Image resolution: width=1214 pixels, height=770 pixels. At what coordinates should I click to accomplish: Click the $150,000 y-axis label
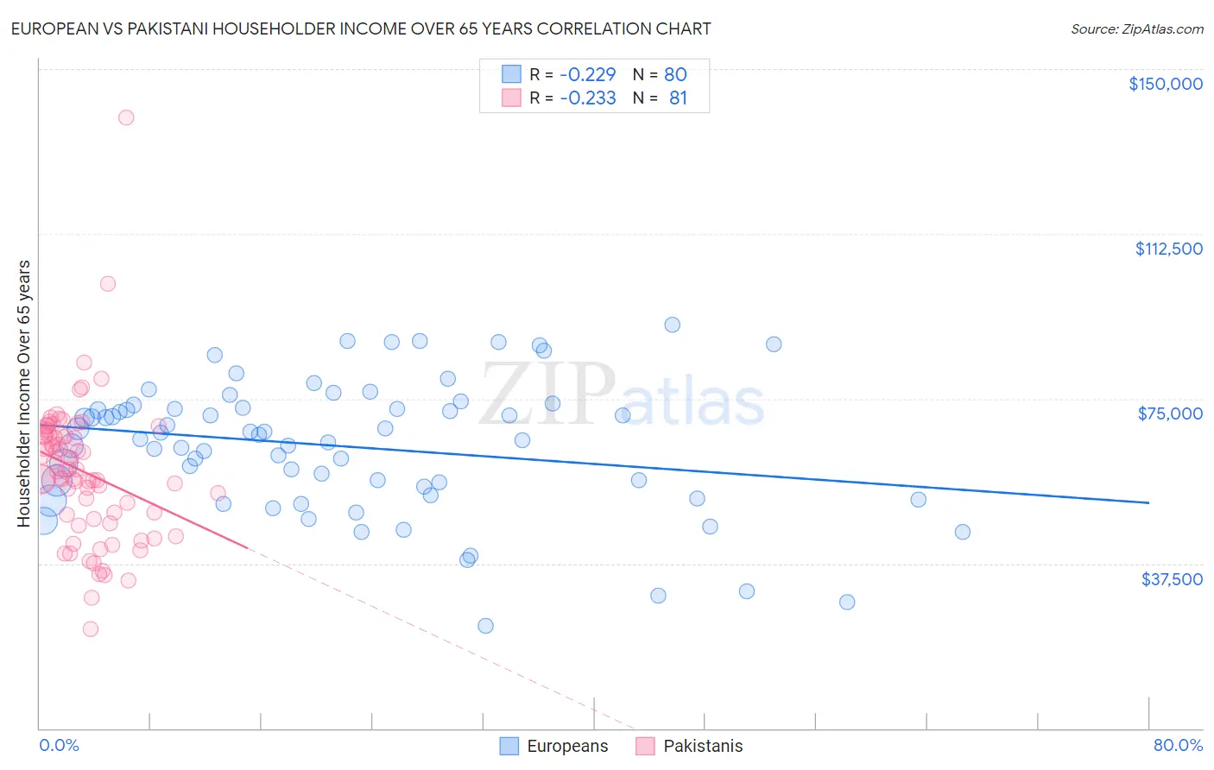coord(1165,84)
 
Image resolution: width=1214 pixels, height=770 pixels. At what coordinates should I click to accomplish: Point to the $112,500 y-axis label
coord(1168,249)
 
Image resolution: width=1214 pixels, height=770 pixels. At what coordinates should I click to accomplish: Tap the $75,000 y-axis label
coord(1170,413)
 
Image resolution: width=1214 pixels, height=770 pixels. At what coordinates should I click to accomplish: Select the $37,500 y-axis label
coord(1172,579)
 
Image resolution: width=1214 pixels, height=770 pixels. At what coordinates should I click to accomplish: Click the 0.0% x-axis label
coord(59,745)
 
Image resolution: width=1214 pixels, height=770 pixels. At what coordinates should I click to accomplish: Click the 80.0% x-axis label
coord(1178,745)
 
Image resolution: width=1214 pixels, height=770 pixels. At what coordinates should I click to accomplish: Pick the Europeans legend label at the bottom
coord(567,746)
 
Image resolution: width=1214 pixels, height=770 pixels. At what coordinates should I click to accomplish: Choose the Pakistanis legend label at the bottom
coord(703,746)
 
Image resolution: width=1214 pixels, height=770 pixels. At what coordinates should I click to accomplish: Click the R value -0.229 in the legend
coord(588,74)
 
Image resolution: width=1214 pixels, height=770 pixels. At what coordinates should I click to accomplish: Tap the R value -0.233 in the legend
coord(588,98)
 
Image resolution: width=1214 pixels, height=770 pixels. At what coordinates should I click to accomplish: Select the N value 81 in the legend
coord(678,98)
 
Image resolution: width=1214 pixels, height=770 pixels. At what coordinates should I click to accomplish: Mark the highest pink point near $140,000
coord(126,117)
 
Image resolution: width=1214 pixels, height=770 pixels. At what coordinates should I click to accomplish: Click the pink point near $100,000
coord(108,283)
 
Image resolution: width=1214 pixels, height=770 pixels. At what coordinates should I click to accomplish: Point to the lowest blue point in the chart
coord(485,626)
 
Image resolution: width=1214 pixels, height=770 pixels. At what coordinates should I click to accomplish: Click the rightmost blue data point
coord(963,532)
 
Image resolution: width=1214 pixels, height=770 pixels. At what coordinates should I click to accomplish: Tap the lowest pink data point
coord(91,629)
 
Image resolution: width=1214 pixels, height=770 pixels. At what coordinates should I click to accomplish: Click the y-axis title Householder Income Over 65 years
coord(24,393)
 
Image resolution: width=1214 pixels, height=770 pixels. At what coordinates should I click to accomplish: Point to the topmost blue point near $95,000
coord(672,325)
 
